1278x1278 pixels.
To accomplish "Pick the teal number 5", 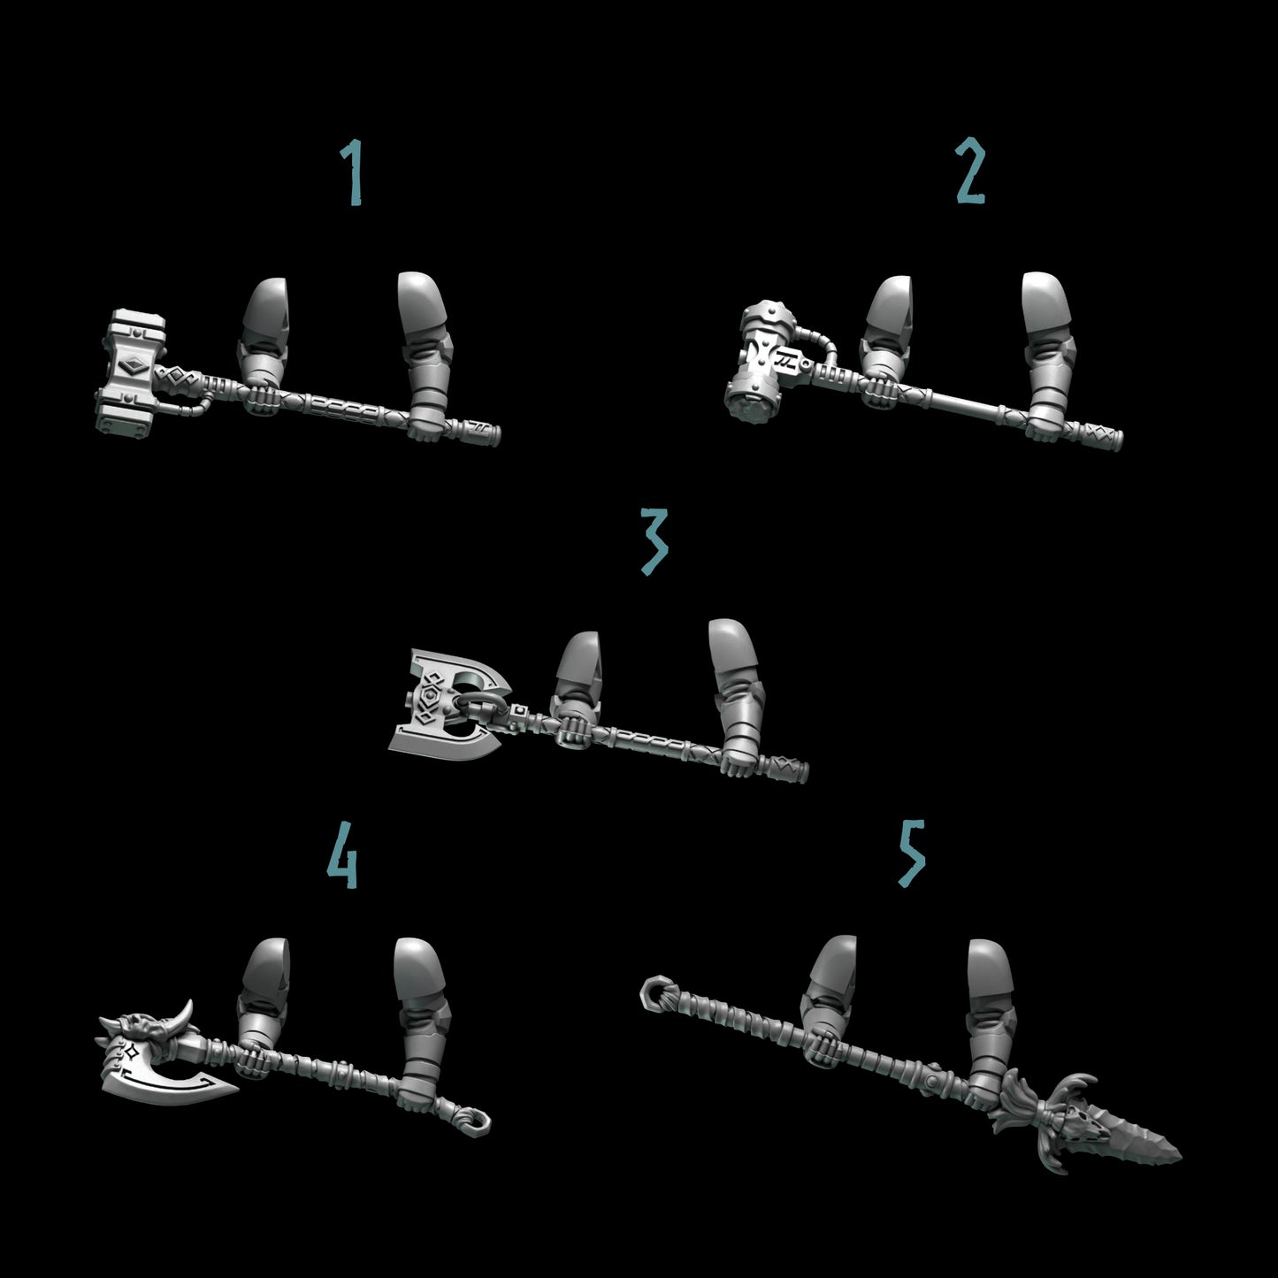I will [911, 853].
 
